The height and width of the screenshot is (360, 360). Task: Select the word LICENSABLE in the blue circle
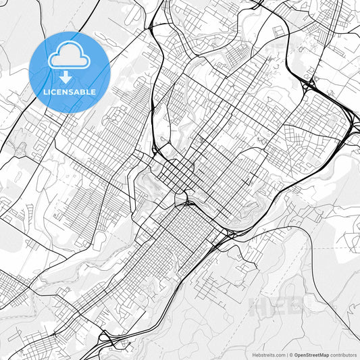click(70, 91)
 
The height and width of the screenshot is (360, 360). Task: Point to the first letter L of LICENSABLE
click(45, 91)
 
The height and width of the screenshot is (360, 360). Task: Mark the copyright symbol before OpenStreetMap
click(291, 354)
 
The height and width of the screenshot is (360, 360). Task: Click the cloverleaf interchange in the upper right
click(310, 85)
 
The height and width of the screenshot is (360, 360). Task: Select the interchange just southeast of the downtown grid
click(228, 234)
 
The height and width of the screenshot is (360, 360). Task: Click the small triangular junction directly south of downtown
click(180, 199)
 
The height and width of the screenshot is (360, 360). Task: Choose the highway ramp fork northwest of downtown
click(156, 149)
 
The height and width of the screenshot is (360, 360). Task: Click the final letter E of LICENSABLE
click(93, 91)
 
